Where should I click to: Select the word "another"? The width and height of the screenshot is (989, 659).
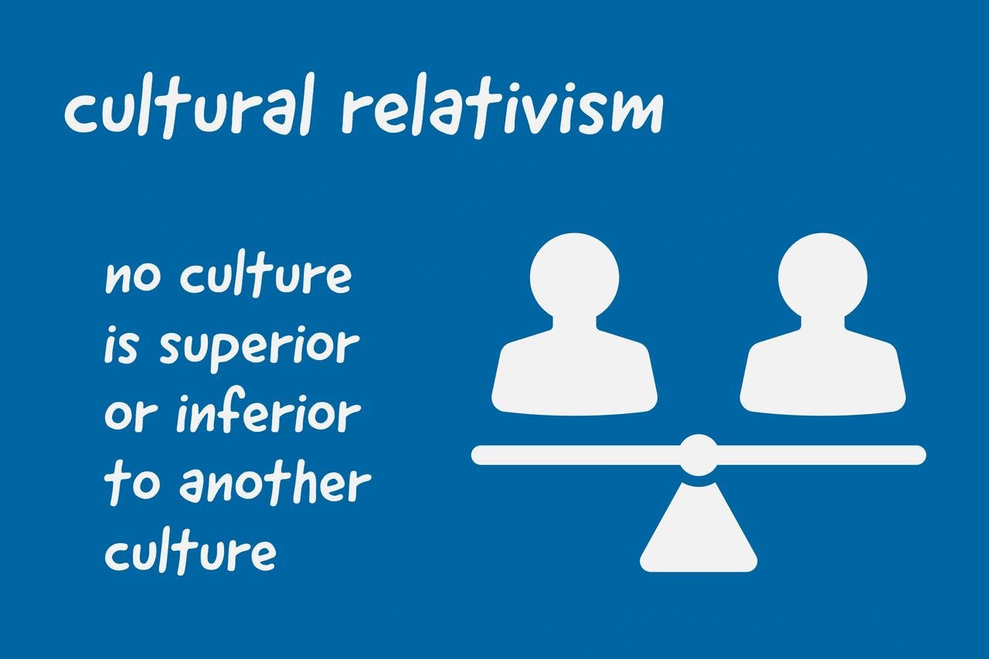(x=274, y=484)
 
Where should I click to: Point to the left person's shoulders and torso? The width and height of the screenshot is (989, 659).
(x=575, y=371)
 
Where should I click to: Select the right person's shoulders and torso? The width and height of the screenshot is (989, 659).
(x=822, y=371)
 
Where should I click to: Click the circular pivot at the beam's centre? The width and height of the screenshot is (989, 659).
(x=698, y=455)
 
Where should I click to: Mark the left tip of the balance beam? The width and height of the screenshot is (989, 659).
(x=479, y=455)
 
